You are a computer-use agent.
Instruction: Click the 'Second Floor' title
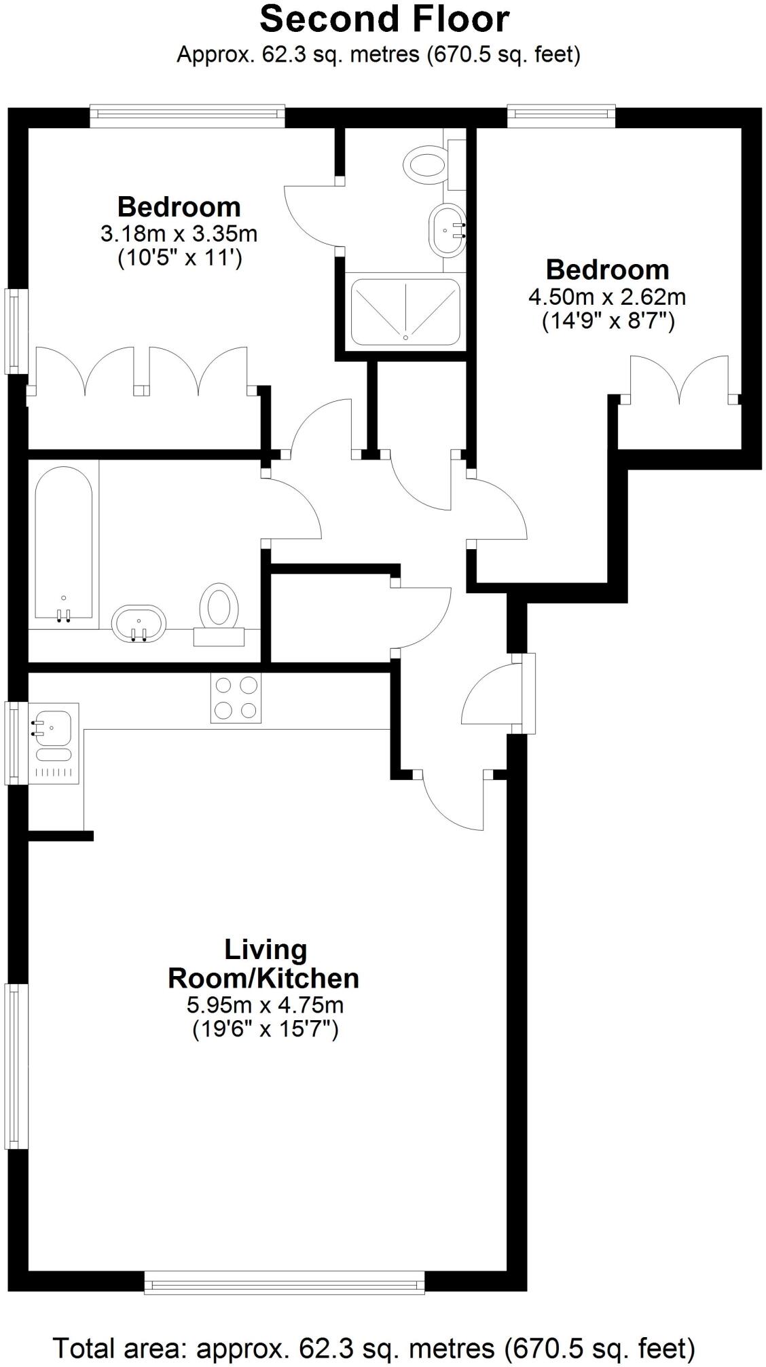pyautogui.click(x=384, y=19)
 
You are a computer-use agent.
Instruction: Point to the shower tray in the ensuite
pyautogui.click(x=405, y=312)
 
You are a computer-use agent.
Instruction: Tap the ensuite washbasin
pyautogui.click(x=447, y=230)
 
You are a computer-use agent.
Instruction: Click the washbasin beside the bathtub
pyautogui.click(x=139, y=623)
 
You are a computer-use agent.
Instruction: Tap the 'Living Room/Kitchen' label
pyautogui.click(x=263, y=964)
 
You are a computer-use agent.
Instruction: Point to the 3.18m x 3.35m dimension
pyautogui.click(x=179, y=234)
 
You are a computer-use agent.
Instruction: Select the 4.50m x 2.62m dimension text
pyautogui.click(x=607, y=297)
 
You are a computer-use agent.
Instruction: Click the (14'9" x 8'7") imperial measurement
pyautogui.click(x=608, y=321)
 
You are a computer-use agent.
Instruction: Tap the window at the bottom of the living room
pyautogui.click(x=285, y=1283)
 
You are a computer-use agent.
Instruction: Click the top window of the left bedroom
pyautogui.click(x=187, y=115)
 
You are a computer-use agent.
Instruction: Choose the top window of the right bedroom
pyautogui.click(x=561, y=115)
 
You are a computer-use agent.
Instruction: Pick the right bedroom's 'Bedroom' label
pyautogui.click(x=608, y=270)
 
